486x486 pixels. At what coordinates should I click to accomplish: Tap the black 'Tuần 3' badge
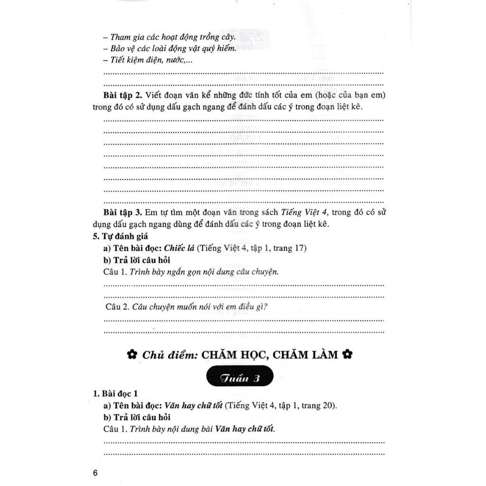pyautogui.click(x=240, y=378)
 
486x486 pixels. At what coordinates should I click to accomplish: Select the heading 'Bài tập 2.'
pyautogui.click(x=122, y=95)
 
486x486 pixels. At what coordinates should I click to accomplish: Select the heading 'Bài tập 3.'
pyautogui.click(x=122, y=212)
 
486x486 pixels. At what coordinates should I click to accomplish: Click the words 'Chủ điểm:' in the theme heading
pyautogui.click(x=163, y=355)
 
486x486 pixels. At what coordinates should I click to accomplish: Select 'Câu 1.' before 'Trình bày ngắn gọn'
pyautogui.click(x=115, y=272)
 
